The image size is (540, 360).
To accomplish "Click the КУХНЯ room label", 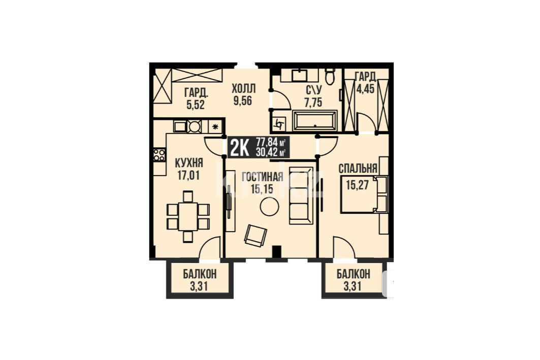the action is tap(189, 163).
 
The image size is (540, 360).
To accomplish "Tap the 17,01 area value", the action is tap(188, 176).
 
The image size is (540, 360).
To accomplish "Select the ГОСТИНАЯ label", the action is tap(263, 177).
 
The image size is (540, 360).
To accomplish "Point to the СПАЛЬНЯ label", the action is tap(358, 169).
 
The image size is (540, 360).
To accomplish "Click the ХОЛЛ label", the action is tap(244, 89).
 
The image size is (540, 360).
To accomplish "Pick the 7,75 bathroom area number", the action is tap(314, 103).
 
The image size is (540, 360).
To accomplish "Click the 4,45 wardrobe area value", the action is tap(365, 89).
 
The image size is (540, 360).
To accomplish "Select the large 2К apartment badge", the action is tap(239, 148).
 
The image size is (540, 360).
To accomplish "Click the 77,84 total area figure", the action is tap(267, 142).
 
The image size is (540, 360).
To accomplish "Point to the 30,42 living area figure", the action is tap(267, 151).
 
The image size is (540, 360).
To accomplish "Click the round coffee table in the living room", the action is tap(269, 207).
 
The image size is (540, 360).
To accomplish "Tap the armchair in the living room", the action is tap(256, 236).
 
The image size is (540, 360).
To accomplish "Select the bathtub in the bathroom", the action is tap(315, 120).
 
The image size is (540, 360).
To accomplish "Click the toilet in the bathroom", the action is tap(330, 77).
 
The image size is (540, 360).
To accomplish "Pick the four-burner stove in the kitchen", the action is tap(159, 155).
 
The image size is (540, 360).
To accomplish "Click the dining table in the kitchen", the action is tap(188, 216).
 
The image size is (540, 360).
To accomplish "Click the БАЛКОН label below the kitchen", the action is tap(200, 274).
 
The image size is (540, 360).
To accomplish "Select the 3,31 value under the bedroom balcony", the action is tap(353, 286).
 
